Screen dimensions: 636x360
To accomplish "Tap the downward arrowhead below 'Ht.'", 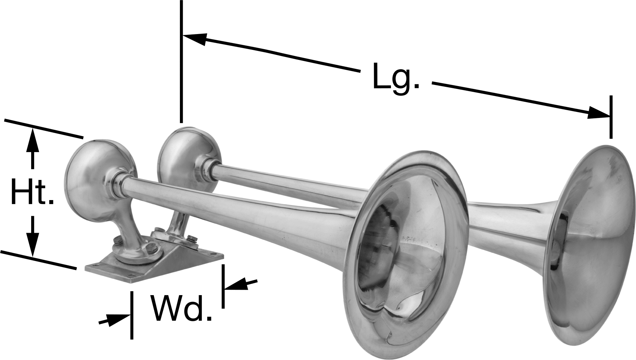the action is [33, 246].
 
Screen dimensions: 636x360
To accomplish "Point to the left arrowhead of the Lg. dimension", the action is [195, 38].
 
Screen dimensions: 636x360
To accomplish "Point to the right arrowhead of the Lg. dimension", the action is [598, 112].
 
